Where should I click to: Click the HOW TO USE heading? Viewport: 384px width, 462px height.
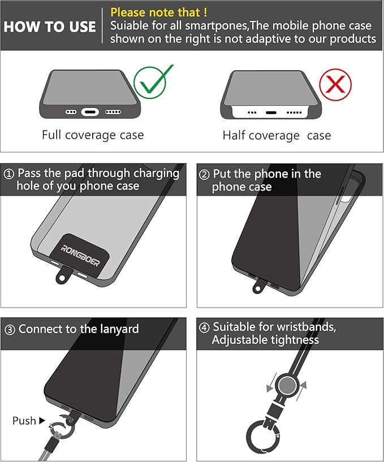tap(50, 27)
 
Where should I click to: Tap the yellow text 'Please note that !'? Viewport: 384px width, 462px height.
tap(158, 12)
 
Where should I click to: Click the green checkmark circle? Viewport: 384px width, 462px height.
tap(149, 83)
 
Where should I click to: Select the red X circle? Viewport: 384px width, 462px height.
tap(335, 85)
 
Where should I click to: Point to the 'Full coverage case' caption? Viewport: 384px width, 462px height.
tap(93, 135)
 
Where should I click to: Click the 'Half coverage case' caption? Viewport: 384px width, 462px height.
tap(277, 136)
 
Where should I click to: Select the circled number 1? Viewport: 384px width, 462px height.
tap(9, 174)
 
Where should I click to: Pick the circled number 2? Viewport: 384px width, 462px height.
tap(204, 175)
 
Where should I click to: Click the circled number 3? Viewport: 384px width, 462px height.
tap(10, 330)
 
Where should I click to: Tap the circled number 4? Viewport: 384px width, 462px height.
tap(204, 327)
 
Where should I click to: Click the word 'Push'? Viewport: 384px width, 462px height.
tap(24, 421)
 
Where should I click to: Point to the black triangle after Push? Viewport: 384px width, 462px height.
tap(42, 421)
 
